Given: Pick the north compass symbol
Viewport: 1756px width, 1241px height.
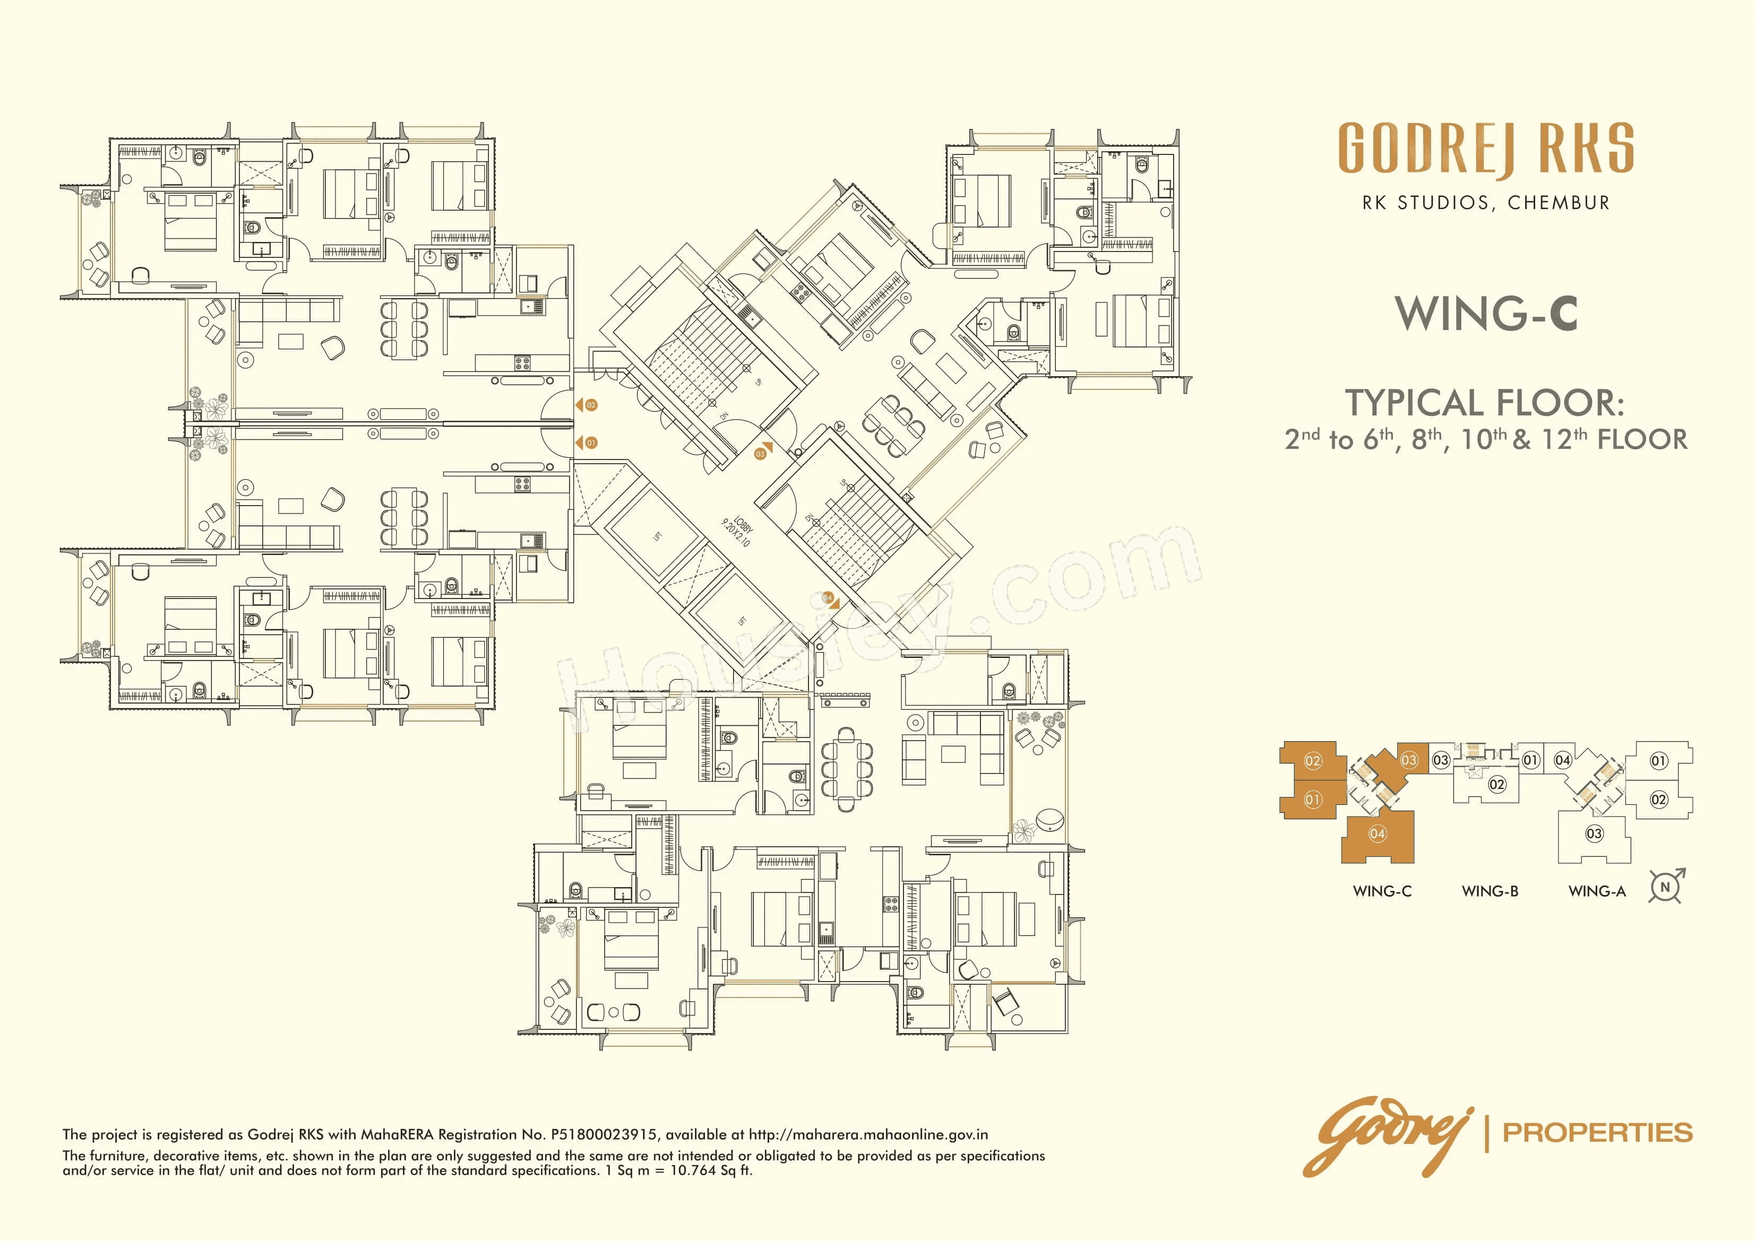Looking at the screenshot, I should coord(1666,887).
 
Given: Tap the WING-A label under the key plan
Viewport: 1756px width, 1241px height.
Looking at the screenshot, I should coord(1597,891).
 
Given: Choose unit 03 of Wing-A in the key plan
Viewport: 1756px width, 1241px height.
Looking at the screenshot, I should coord(1595,834).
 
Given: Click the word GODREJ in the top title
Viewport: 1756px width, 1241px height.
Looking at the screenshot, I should coord(1427,149).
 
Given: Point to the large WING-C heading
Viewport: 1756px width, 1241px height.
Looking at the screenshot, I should coord(1485,314).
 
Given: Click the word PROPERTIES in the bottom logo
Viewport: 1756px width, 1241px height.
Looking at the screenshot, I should coord(1598,1132).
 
